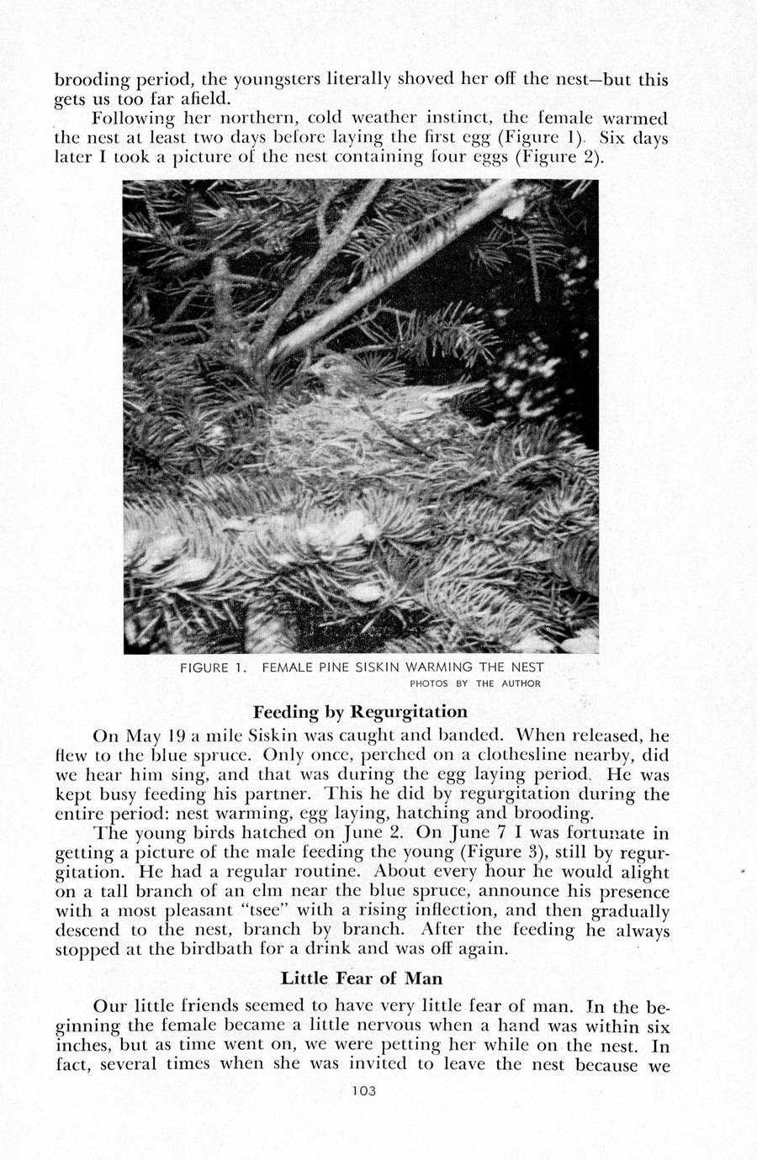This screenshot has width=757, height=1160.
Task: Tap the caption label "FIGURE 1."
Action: (x=212, y=668)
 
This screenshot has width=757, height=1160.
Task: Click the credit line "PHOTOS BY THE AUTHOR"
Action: (x=474, y=683)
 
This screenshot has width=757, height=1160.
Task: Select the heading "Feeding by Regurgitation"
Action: (x=360, y=711)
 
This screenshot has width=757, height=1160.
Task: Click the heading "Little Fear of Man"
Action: (x=361, y=978)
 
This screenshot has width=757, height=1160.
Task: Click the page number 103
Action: (x=360, y=1091)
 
